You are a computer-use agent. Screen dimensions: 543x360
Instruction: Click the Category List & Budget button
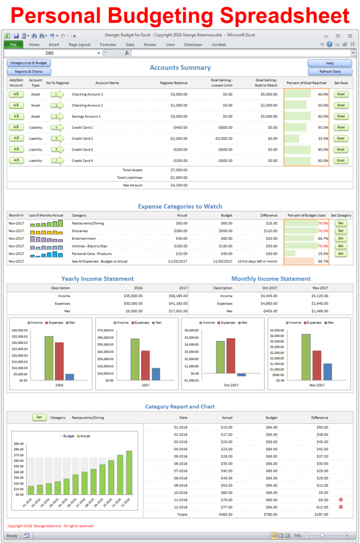[x=29, y=63]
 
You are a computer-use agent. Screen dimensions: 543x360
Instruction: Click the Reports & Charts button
[x=29, y=72]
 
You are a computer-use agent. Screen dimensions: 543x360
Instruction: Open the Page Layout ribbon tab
[x=79, y=44]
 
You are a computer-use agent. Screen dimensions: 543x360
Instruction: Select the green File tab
[x=13, y=44]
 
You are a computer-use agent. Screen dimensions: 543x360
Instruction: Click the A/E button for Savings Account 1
[x=16, y=116]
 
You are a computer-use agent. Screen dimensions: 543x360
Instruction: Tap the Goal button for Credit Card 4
[x=340, y=161]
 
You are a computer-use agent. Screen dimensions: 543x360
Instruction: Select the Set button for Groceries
[x=340, y=231]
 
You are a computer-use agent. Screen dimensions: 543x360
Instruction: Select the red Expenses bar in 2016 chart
[x=59, y=361]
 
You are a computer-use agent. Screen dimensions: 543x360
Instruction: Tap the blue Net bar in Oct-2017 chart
[x=241, y=375]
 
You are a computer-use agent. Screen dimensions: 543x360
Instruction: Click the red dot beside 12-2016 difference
[x=340, y=507]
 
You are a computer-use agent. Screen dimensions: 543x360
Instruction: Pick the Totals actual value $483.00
[x=227, y=514]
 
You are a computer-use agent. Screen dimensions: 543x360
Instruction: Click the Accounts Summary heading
[x=180, y=68]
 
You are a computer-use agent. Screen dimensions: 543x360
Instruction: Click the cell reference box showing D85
[x=53, y=53]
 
